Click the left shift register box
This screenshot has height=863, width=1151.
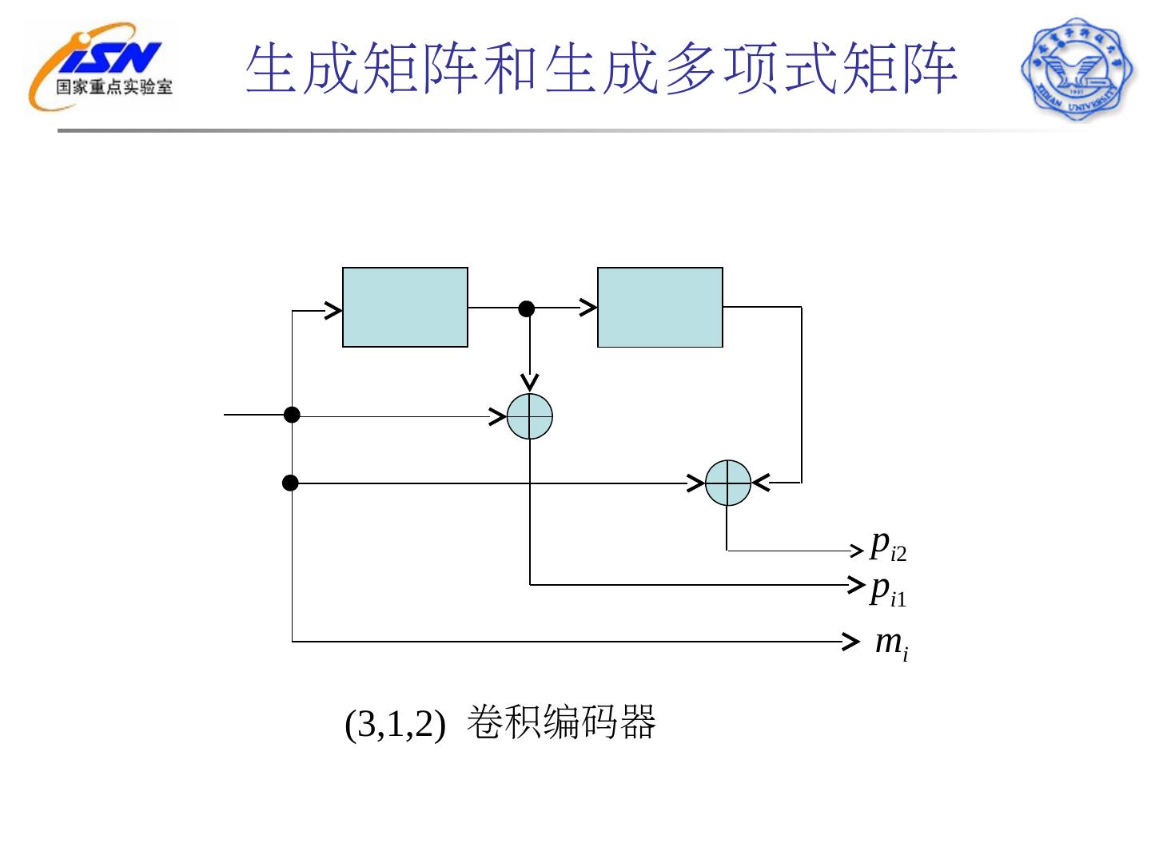pyautogui.click(x=404, y=308)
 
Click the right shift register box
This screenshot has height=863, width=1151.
pyautogui.click(x=659, y=308)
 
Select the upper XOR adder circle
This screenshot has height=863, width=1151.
pyautogui.click(x=530, y=416)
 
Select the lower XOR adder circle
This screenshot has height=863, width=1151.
pyautogui.click(x=728, y=483)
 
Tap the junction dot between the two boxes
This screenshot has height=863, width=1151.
pyautogui.click(x=527, y=308)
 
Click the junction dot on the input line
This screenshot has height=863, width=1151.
pyautogui.click(x=293, y=415)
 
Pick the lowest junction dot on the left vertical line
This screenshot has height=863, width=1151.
pyautogui.click(x=291, y=483)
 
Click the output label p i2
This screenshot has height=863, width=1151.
pyautogui.click(x=888, y=546)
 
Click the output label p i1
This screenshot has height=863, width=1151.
pyautogui.click(x=888, y=591)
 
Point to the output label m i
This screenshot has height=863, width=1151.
pyautogui.click(x=891, y=643)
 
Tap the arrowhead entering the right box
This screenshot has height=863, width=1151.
pyautogui.click(x=589, y=307)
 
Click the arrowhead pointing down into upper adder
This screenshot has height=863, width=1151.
pyautogui.click(x=529, y=383)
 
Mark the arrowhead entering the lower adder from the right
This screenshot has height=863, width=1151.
pyautogui.click(x=760, y=483)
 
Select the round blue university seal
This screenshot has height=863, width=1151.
pyautogui.click(x=1077, y=70)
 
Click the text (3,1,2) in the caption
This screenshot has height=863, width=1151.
pyautogui.click(x=394, y=725)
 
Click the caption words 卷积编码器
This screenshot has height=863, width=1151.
pyautogui.click(x=560, y=722)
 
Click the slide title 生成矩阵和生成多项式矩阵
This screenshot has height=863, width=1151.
pyautogui.click(x=600, y=70)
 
